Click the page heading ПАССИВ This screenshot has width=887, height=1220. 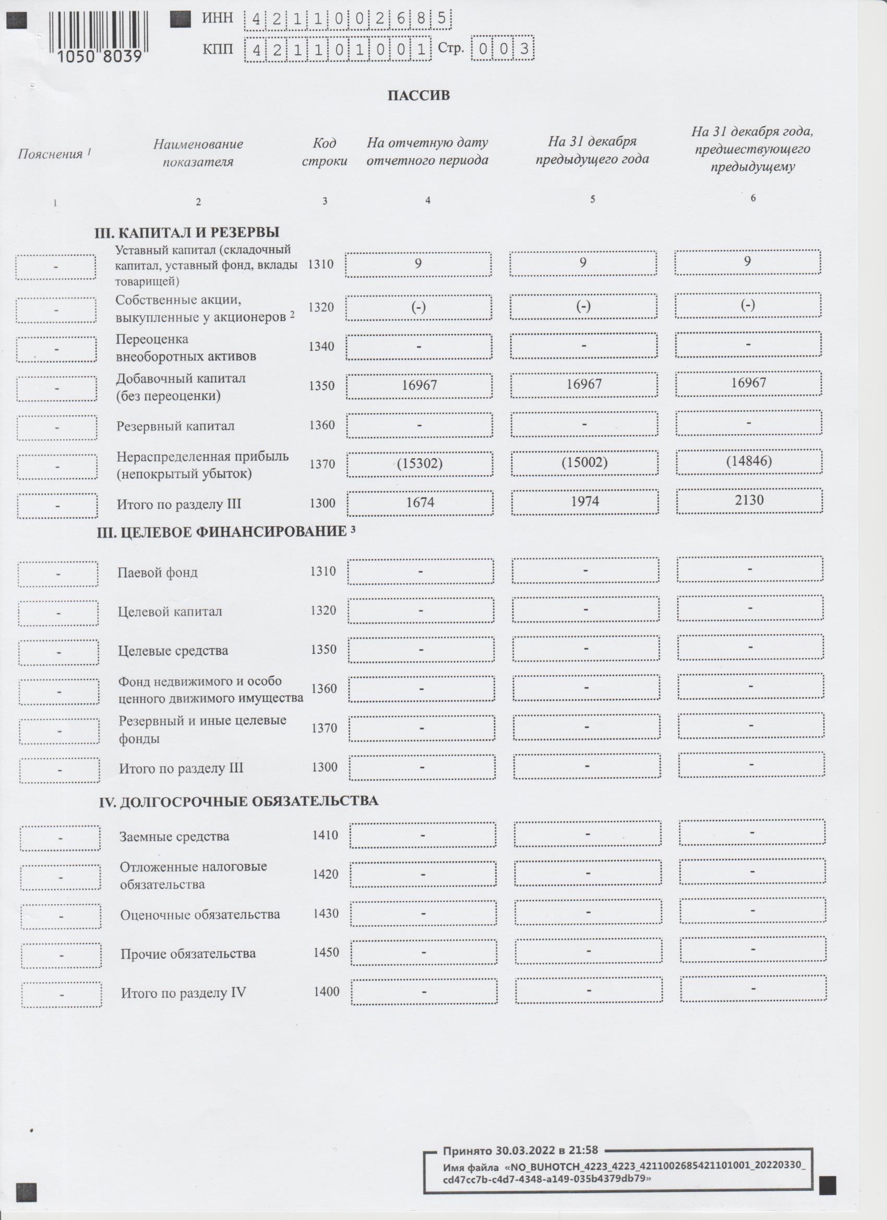418,95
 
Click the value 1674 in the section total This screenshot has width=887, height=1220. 420,503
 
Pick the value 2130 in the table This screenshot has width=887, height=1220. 749,500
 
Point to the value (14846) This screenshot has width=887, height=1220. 749,460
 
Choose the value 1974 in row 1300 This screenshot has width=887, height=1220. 585,501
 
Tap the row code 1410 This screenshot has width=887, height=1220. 326,835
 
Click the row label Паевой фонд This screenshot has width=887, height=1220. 158,572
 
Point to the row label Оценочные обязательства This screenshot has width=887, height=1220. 200,914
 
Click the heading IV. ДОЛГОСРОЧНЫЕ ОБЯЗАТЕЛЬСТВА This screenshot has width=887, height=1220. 238,801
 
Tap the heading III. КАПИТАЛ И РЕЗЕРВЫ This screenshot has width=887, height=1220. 187,233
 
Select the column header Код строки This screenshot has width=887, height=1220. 325,152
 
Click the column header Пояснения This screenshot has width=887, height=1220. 54,154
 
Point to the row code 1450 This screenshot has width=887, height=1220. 327,953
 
